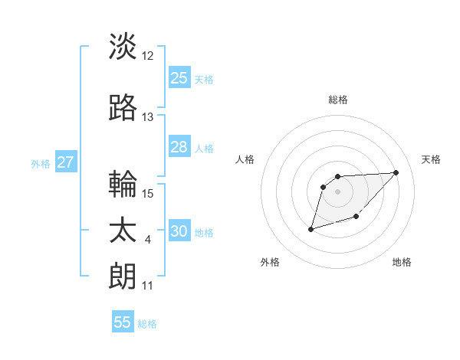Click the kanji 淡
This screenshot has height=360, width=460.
[x=123, y=47]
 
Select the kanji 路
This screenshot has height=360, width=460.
[x=123, y=109]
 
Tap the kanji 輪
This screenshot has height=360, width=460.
[x=123, y=185]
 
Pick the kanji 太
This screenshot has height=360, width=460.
[x=123, y=231]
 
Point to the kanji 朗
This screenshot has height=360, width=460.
[x=123, y=276]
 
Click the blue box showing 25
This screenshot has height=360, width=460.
[x=179, y=78]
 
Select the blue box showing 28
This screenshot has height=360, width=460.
[x=179, y=147]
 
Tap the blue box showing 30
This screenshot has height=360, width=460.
[x=179, y=231]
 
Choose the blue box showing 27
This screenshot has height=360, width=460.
[x=65, y=162]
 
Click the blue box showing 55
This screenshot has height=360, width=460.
[x=123, y=322]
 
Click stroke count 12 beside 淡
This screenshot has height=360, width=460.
[x=148, y=56]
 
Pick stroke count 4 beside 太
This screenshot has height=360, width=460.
[x=148, y=240]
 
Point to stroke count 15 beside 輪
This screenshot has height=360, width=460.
[x=148, y=194]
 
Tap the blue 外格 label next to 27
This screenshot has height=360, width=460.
[x=41, y=163]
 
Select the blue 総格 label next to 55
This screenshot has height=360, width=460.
[x=147, y=323]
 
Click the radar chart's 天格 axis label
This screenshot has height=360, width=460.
[x=432, y=159]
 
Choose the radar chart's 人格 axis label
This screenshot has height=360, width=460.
[x=245, y=159]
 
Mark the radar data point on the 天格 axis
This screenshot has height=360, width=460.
[x=396, y=172]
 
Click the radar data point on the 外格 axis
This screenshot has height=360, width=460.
[x=311, y=228]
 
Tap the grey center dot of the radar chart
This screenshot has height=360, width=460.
[x=337, y=190]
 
